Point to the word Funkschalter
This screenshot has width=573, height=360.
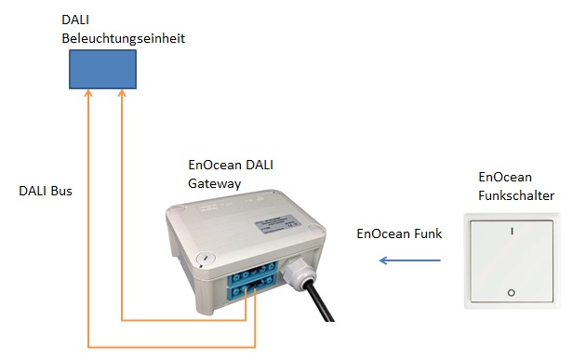(x=516, y=195)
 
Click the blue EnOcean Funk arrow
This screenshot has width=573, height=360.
(x=408, y=260)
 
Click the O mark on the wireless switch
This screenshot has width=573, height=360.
(x=510, y=294)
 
